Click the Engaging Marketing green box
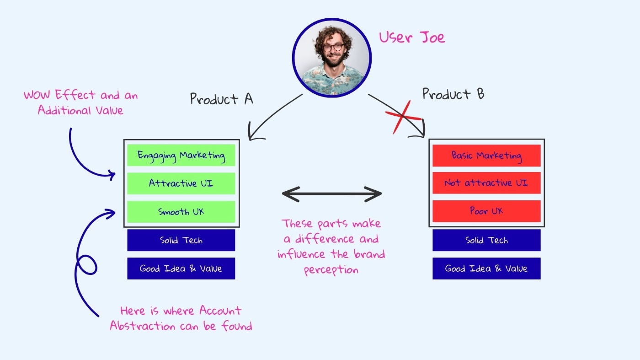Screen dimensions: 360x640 pyautogui.click(x=181, y=156)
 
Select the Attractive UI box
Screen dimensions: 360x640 pyautogui.click(x=181, y=183)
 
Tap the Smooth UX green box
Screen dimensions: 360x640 pyautogui.click(x=181, y=212)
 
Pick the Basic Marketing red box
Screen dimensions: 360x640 pyautogui.click(x=486, y=156)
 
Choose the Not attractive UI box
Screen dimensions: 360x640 pyautogui.click(x=486, y=183)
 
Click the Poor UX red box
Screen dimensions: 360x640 pyautogui.click(x=486, y=211)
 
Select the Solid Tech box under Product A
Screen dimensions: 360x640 pyautogui.click(x=181, y=240)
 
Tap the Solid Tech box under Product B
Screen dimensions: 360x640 pyautogui.click(x=486, y=240)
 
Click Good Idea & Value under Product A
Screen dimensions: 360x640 pyautogui.click(x=181, y=269)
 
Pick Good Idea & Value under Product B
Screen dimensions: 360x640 pyautogui.click(x=486, y=269)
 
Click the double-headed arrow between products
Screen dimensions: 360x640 pyautogui.click(x=332, y=194)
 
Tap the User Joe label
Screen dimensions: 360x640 pyautogui.click(x=411, y=37)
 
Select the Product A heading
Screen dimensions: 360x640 pyautogui.click(x=221, y=99)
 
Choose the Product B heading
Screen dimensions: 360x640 pyautogui.click(x=453, y=94)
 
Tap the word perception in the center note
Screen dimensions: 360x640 pyautogui.click(x=331, y=269)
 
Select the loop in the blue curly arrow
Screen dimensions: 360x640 pyautogui.click(x=87, y=265)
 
